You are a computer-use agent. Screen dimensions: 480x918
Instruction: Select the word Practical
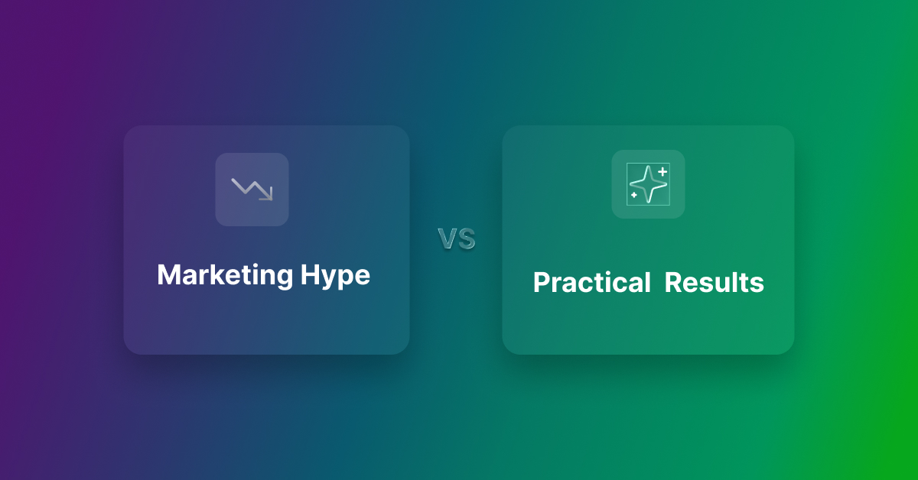point(591,283)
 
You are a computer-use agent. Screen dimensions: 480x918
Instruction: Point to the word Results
point(714,283)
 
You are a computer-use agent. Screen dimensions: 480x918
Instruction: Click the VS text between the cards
point(457,239)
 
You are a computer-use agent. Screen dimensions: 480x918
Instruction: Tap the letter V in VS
point(448,239)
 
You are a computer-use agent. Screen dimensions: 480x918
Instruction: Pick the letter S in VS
point(466,239)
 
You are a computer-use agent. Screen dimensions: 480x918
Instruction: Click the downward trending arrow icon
point(252,189)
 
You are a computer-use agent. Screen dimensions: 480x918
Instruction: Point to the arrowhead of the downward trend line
point(268,196)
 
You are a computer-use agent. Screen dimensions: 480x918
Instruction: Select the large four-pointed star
point(646,184)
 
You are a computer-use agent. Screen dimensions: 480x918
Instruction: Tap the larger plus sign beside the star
point(662,172)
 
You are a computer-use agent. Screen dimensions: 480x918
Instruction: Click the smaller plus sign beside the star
point(634,196)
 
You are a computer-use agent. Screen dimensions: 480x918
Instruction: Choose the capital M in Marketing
point(167,275)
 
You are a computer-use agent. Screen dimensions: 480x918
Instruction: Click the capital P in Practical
point(540,283)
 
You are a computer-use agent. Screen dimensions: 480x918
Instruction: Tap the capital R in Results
point(672,283)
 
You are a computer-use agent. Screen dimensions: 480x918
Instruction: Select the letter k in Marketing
point(212,275)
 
